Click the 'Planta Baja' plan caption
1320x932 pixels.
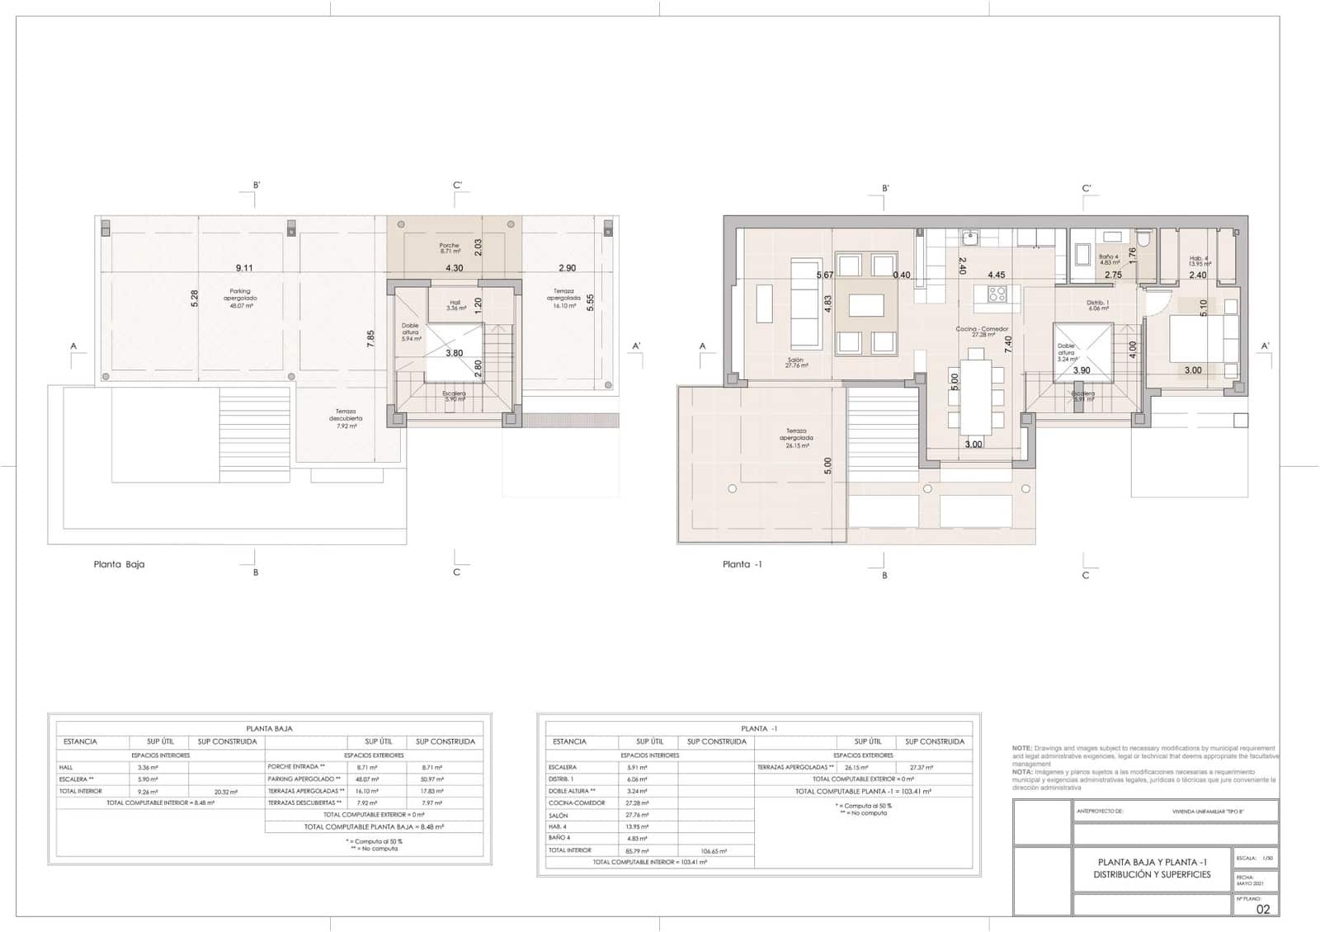click(119, 565)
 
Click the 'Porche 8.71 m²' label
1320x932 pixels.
click(449, 247)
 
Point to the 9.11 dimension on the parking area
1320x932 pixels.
click(244, 268)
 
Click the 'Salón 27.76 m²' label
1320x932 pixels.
click(796, 362)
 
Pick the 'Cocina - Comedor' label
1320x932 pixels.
click(982, 329)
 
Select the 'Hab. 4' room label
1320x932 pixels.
click(1199, 261)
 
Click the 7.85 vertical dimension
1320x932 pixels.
click(371, 339)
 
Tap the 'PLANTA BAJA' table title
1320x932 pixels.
click(270, 728)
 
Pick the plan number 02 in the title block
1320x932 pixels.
click(1263, 909)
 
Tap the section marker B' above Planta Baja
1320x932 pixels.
click(257, 186)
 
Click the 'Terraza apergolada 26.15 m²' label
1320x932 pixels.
click(796, 438)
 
